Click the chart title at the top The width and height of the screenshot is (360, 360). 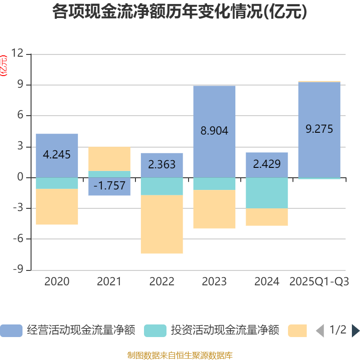point(180,12)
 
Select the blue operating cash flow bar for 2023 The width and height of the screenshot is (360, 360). point(214,112)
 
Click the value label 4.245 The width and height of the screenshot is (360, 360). point(57,155)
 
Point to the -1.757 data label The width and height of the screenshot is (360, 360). point(109,185)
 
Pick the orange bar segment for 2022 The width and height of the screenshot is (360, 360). point(162,224)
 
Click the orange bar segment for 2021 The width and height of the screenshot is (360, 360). point(109,158)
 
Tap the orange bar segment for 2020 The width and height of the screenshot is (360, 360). point(57,207)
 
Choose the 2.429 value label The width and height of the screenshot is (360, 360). point(267,164)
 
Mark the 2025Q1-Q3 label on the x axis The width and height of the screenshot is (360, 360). point(319,282)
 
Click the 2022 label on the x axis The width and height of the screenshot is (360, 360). point(162,282)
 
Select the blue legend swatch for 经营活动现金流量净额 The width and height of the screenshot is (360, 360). point(11,331)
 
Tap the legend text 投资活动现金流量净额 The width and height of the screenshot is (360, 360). point(225,331)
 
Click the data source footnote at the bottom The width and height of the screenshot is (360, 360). point(180,355)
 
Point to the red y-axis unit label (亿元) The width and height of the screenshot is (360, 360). point(4,66)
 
